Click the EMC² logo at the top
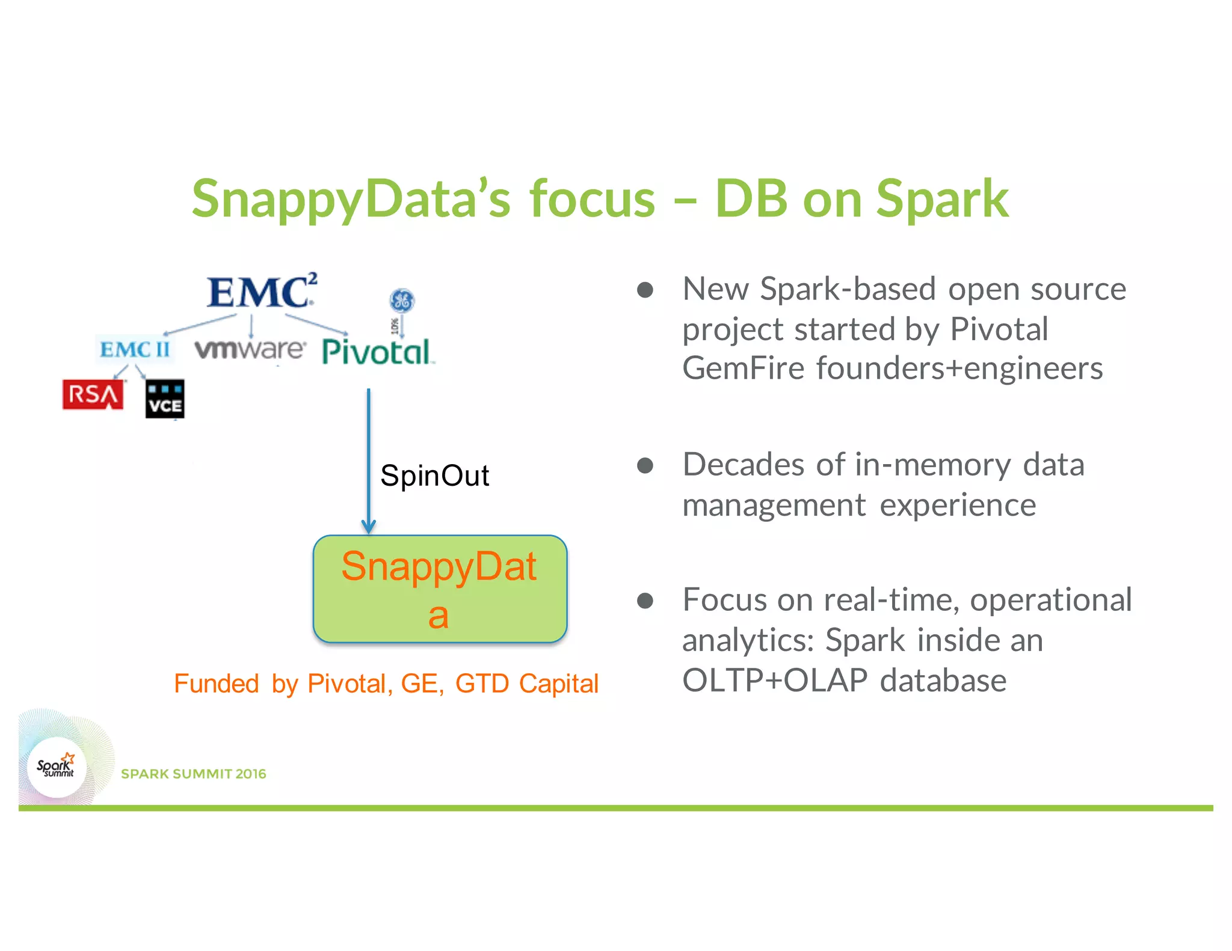click(262, 292)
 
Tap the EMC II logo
click(135, 349)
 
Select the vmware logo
click(250, 349)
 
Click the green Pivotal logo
click(377, 352)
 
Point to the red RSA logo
click(93, 395)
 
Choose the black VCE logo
click(165, 399)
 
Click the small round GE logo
click(402, 301)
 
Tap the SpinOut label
click(434, 475)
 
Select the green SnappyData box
click(440, 589)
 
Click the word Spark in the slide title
click(941, 199)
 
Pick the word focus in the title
click(592, 199)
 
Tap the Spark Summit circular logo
click(57, 767)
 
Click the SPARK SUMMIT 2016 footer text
click(193, 774)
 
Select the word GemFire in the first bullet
click(743, 368)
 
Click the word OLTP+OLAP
click(775, 680)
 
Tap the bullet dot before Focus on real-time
click(645, 601)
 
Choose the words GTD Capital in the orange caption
click(526, 683)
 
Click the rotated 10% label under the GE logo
click(395, 326)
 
